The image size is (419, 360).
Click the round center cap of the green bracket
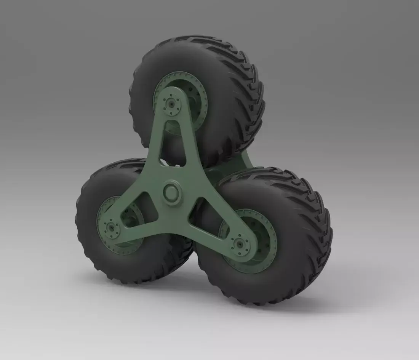[x=172, y=192]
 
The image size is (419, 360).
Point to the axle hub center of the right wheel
[x=240, y=243]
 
